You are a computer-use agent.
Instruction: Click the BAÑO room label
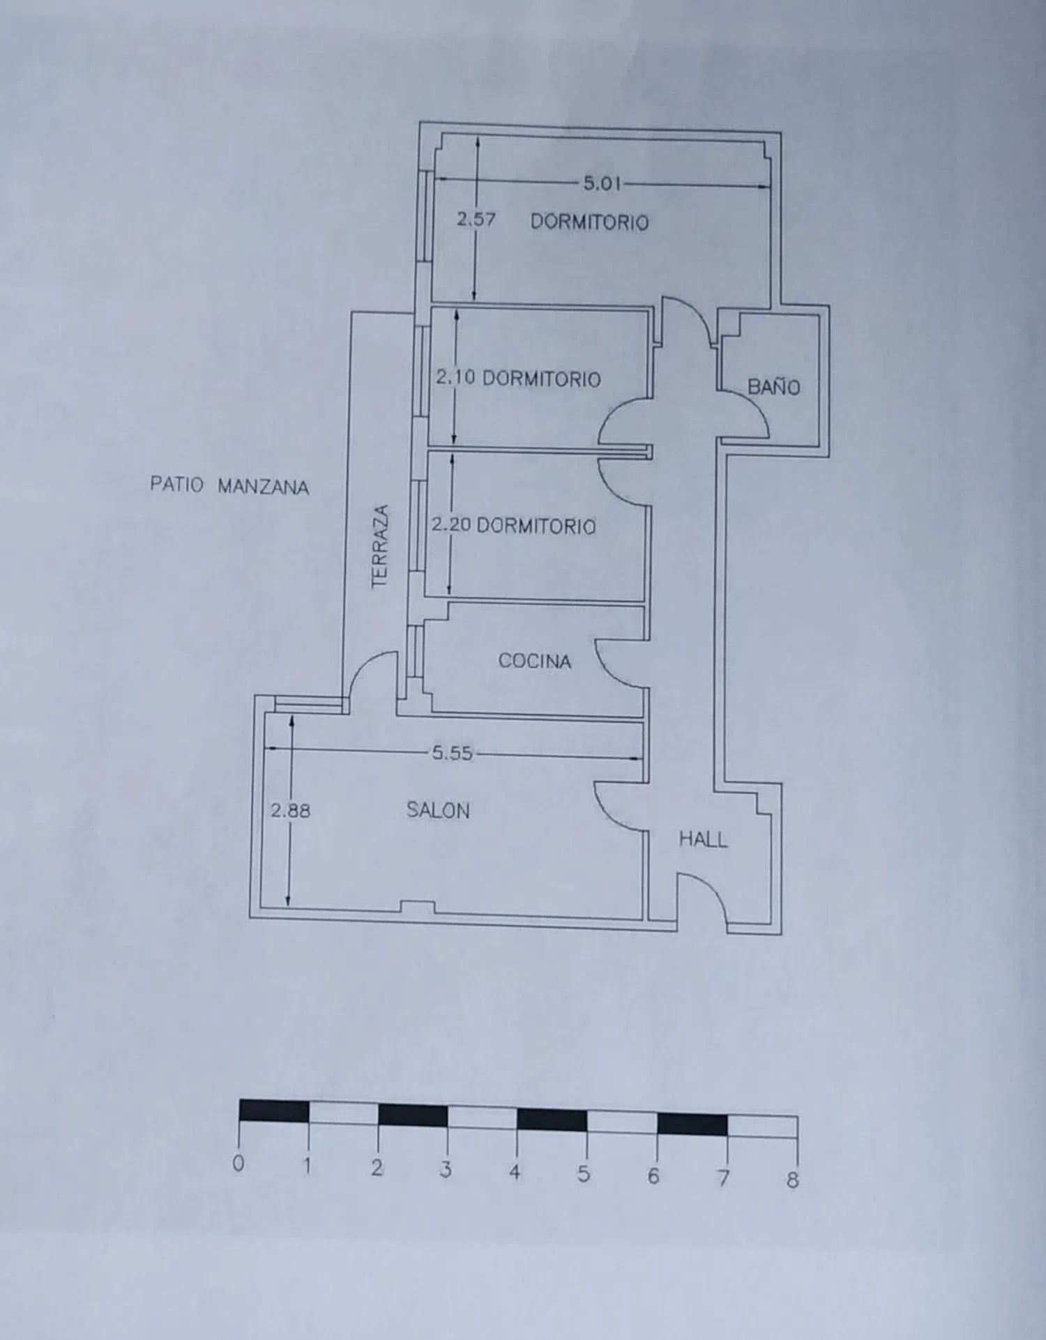point(773,386)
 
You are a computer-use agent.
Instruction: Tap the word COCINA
point(535,661)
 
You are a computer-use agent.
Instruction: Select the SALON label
point(438,810)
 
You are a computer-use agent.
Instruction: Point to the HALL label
point(703,839)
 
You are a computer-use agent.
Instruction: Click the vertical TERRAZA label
point(379,547)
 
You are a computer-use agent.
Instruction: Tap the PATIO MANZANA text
point(229,485)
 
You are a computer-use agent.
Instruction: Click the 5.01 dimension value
point(602,183)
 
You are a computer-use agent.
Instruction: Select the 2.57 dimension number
point(476,219)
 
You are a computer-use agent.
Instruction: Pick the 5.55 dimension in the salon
point(453,753)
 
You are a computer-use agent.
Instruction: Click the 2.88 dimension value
point(291,811)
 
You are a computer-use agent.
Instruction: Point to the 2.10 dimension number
point(455,377)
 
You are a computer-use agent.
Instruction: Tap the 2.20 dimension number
point(451,524)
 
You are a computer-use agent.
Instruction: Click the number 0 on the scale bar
point(238,1163)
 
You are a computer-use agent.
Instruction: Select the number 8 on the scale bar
point(792,1180)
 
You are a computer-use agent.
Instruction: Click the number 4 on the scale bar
point(515,1171)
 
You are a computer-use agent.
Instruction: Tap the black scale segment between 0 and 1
point(274,1111)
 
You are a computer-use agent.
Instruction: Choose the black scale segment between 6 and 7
point(692,1124)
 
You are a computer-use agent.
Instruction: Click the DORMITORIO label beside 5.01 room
point(590,222)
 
